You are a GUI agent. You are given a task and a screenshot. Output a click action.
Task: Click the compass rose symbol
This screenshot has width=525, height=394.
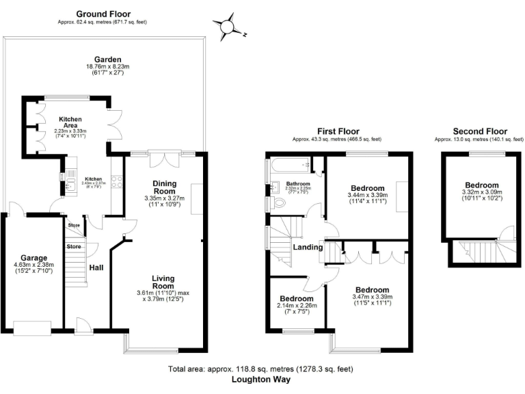tap(226, 27)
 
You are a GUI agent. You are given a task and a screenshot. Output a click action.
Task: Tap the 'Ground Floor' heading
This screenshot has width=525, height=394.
tap(103, 14)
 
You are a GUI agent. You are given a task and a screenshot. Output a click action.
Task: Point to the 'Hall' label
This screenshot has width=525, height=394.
tap(97, 268)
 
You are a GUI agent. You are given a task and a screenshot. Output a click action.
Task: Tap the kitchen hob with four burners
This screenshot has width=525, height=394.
tap(116, 183)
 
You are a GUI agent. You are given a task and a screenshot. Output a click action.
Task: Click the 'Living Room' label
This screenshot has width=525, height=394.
tap(163, 283)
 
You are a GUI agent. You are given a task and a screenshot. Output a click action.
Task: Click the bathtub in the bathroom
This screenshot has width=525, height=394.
tap(288, 166)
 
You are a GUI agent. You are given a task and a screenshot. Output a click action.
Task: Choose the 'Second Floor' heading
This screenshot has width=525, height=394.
tap(480, 131)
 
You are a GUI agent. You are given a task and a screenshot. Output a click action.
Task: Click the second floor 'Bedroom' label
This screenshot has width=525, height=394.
tap(481, 185)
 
